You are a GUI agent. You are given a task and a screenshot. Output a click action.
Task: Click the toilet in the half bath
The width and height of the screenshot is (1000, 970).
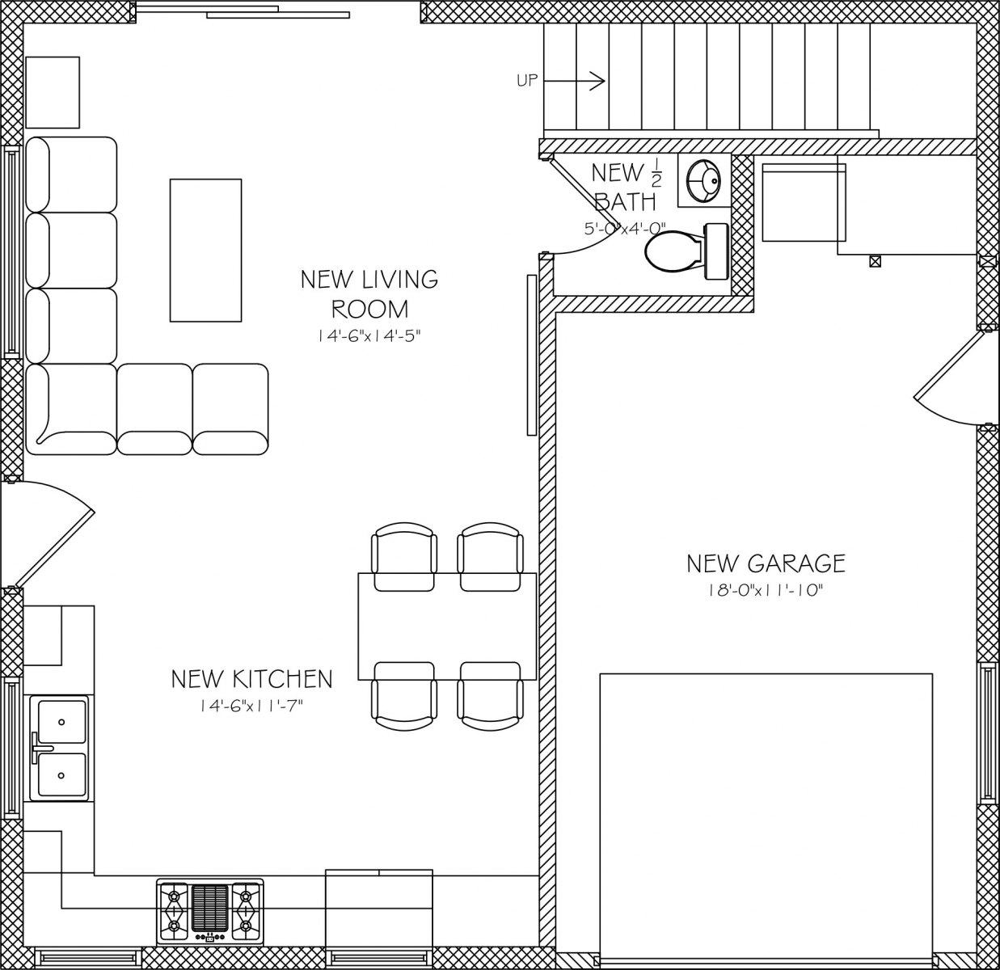coord(686,251)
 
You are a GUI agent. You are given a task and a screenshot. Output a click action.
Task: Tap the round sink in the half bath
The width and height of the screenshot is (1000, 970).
coord(704,180)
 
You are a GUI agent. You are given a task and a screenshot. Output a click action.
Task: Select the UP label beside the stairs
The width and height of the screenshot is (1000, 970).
coord(527,81)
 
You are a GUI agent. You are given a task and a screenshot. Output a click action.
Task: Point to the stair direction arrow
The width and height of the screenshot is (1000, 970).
coord(574,81)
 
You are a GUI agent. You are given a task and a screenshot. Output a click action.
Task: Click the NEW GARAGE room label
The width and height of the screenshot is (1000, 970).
coord(766,563)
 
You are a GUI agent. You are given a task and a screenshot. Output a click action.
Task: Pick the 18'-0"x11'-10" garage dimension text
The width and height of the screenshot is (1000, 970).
coord(766,591)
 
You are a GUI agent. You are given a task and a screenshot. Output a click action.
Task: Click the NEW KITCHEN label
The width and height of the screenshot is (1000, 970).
coord(251,679)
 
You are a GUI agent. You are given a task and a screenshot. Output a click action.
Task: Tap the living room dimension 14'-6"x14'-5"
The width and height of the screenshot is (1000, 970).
coord(369,336)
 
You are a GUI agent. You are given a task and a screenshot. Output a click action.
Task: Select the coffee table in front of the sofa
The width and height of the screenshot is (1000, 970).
coord(205,251)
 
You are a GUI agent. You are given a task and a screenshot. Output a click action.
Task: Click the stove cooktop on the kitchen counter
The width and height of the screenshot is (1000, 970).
coord(209,912)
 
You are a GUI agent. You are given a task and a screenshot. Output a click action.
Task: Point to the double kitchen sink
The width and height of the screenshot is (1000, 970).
coord(58,748)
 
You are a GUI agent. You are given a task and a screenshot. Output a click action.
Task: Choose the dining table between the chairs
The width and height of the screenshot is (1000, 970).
coord(447,626)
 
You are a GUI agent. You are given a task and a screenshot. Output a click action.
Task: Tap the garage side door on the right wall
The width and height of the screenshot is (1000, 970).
coord(950,378)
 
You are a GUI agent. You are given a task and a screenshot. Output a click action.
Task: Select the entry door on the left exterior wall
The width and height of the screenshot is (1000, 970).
coord(49,534)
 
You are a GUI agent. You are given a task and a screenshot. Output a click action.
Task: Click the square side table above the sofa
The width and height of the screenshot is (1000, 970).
coord(53,92)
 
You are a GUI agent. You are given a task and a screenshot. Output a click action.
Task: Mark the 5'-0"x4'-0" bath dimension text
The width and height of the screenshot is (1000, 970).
coord(625,228)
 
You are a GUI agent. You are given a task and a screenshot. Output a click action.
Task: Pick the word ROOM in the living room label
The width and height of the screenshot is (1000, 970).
coord(369,310)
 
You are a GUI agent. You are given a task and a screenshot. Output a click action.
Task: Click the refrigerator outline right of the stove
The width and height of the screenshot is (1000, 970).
coord(379,907)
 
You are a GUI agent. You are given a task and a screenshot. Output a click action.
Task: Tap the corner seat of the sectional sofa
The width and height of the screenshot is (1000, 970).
coord(71,409)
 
